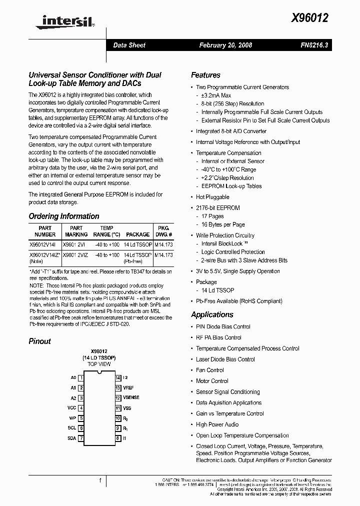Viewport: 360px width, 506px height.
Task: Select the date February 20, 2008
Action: click(225, 45)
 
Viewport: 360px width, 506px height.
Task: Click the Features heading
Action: click(205, 75)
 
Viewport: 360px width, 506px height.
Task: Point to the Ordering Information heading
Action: click(64, 216)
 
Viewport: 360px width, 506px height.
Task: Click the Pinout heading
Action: click(40, 341)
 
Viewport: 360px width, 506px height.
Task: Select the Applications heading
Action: click(212, 314)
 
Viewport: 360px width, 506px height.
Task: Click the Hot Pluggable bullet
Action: click(212, 197)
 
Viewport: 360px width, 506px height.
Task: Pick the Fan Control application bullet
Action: click(209, 370)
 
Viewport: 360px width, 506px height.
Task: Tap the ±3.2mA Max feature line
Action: click(216, 95)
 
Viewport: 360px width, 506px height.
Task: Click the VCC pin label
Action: click(71, 408)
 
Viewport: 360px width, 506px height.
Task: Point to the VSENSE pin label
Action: click(131, 397)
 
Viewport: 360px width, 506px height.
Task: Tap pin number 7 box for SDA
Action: click(81, 438)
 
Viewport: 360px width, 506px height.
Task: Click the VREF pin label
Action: click(128, 388)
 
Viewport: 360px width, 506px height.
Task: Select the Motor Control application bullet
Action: click(212, 381)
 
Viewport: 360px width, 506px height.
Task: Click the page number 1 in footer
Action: click(100, 480)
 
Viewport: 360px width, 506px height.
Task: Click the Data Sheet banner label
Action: click(129, 45)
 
